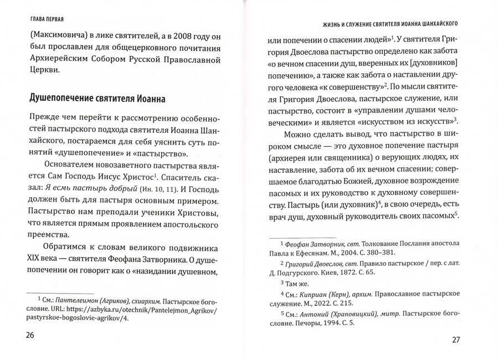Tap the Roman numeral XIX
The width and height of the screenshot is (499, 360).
point(36,258)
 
